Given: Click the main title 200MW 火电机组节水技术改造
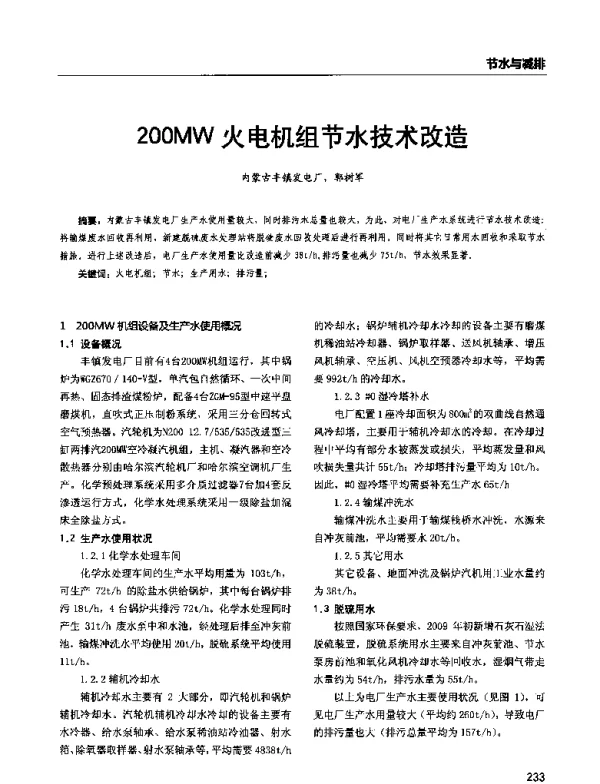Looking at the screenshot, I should [300, 134].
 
